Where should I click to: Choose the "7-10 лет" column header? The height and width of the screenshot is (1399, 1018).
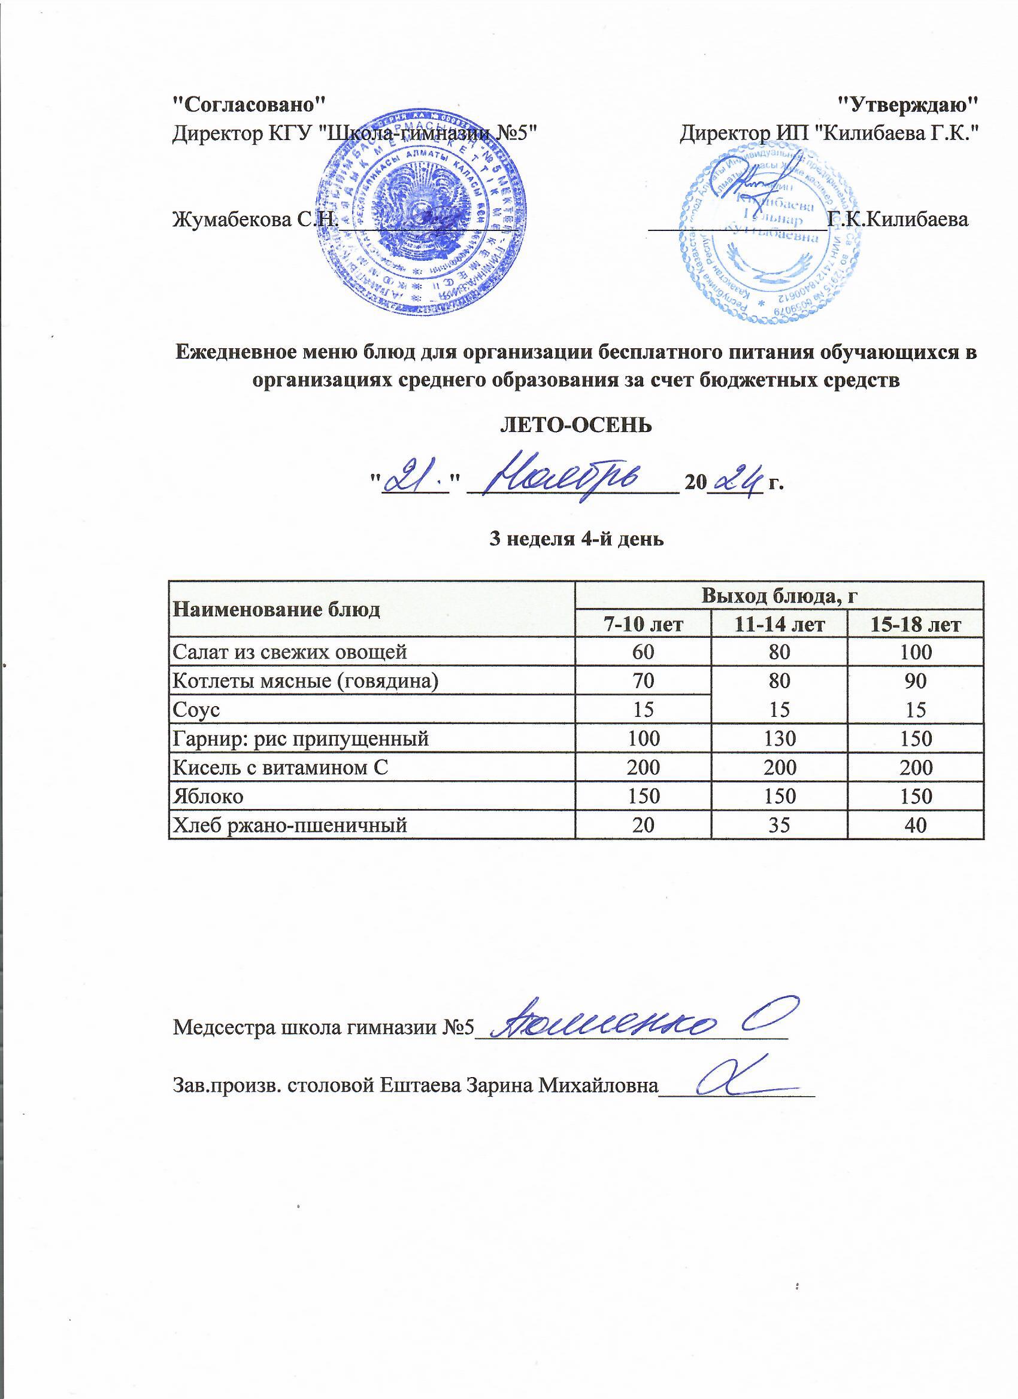pyautogui.click(x=642, y=625)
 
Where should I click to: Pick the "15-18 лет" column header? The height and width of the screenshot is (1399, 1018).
pyautogui.click(x=916, y=625)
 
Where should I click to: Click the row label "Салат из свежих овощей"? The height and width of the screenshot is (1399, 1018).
pyautogui.click(x=290, y=652)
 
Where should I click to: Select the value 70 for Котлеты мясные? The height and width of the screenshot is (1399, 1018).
pyautogui.click(x=642, y=680)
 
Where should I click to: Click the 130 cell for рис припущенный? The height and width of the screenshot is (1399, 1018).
pyautogui.click(x=779, y=738)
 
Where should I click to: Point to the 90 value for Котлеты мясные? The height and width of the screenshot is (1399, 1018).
pyautogui.click(x=916, y=680)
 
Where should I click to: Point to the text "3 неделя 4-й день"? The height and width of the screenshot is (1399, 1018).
pyautogui.click(x=576, y=539)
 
